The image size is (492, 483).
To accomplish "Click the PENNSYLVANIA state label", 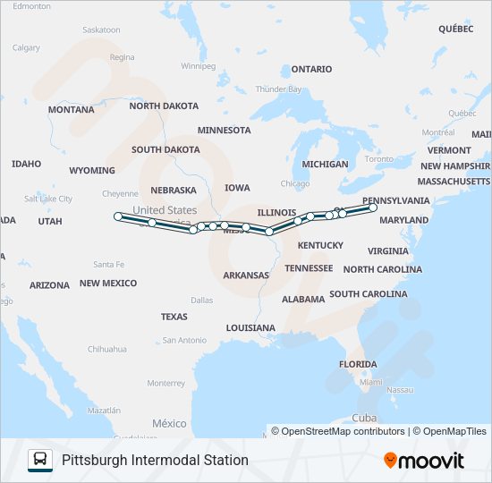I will (395, 200).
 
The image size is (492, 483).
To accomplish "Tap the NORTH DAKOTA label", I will (164, 106).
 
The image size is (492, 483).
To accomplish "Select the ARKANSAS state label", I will (246, 275).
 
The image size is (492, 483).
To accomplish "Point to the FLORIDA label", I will (358, 364).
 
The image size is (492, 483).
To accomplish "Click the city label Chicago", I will (295, 183).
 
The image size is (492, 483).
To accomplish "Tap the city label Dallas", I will (201, 301).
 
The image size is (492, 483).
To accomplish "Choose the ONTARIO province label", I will (311, 69).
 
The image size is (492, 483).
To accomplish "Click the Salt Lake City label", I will (48, 199).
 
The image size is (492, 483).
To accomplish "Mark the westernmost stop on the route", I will (118, 216).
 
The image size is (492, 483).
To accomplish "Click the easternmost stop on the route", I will (373, 208).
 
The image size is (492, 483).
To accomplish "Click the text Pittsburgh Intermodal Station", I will (155, 460).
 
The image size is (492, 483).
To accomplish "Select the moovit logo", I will (424, 460).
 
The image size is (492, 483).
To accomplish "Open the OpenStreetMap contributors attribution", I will (337, 431).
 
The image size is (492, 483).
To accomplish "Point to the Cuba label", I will (363, 418).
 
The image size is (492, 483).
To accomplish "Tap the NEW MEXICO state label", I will (108, 283).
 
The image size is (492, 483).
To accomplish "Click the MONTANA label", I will (71, 110).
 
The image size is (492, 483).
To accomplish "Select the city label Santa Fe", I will (109, 264).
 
